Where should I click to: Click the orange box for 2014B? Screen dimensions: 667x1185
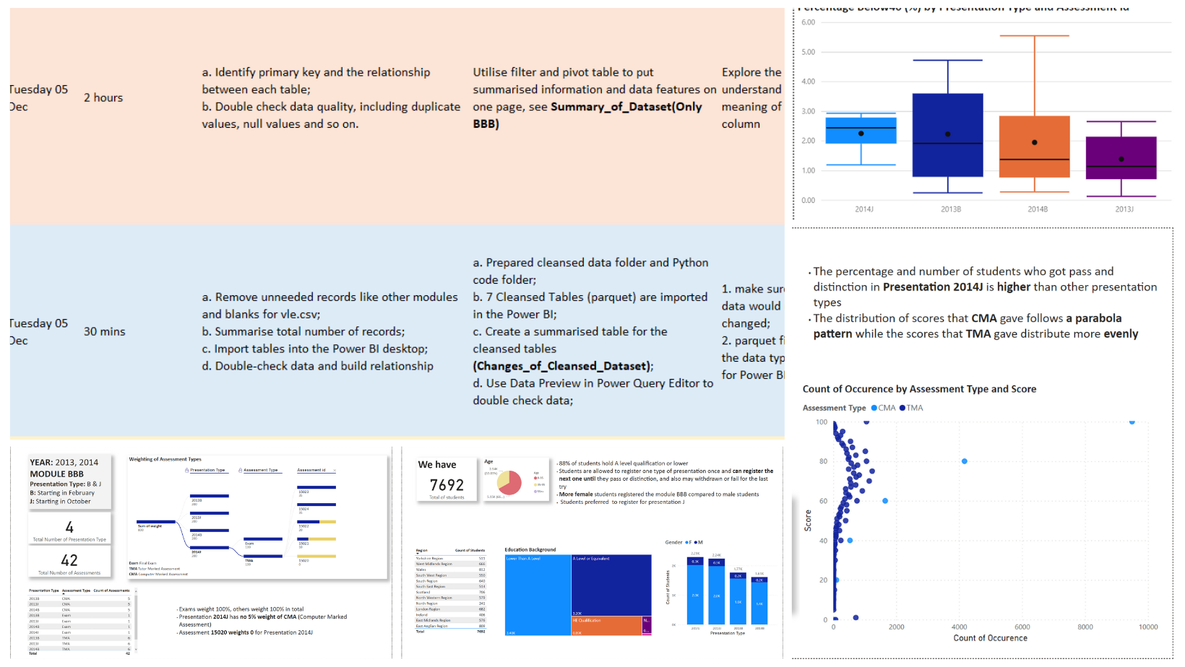tap(1034, 147)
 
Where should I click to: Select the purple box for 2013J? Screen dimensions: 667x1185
tap(1121, 157)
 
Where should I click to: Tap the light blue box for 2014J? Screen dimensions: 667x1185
tap(861, 131)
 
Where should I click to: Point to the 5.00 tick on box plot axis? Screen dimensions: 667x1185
tap(808, 52)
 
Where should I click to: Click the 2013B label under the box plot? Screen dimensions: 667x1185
tap(950, 209)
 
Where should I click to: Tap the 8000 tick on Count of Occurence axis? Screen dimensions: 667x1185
tap(1085, 627)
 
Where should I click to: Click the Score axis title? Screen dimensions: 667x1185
tap(808, 520)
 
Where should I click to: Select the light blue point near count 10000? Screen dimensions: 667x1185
tap(1132, 422)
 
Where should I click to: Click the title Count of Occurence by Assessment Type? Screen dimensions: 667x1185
tap(918, 389)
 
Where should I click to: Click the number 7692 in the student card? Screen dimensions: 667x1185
tap(447, 485)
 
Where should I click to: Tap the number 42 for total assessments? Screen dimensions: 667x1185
tap(69, 560)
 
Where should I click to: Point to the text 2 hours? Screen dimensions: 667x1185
tap(103, 97)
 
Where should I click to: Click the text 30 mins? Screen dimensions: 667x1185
tap(105, 331)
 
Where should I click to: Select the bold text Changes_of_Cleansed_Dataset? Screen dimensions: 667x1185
tap(563, 366)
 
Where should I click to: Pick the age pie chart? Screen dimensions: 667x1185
tap(509, 482)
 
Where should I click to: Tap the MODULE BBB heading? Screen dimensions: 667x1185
tap(56, 474)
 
